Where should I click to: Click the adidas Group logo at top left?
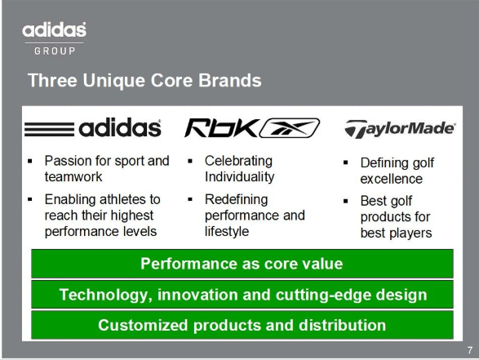pyautogui.click(x=55, y=38)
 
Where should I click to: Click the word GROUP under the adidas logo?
pyautogui.click(x=55, y=51)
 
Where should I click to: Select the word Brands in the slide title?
pyautogui.click(x=230, y=80)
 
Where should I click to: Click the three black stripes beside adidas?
pyautogui.click(x=49, y=129)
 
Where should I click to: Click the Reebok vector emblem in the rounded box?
pyautogui.click(x=290, y=127)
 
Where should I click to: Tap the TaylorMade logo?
pyautogui.click(x=400, y=129)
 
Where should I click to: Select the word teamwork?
pyautogui.click(x=73, y=176)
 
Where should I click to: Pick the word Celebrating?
pyautogui.click(x=238, y=161)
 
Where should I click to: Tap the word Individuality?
pyautogui.click(x=240, y=176)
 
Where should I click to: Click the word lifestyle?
pyautogui.click(x=227, y=231)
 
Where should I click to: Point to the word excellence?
pyautogui.click(x=392, y=179)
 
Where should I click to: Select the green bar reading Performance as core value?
pyautogui.click(x=242, y=264)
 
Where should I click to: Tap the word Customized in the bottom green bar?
pyautogui.click(x=143, y=325)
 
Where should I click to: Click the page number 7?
pyautogui.click(x=470, y=350)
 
